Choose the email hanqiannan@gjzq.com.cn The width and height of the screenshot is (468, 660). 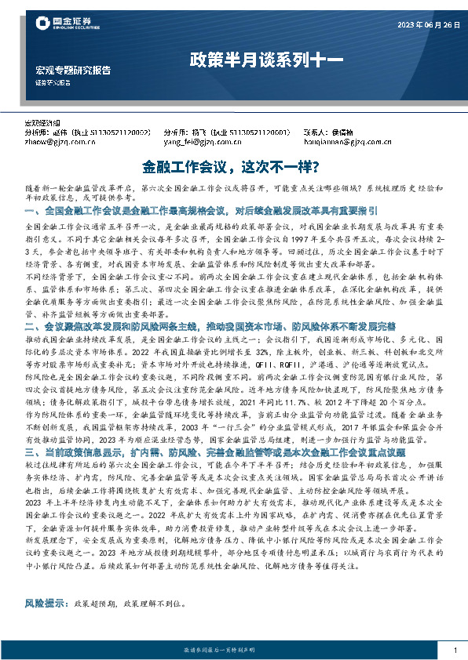click(336, 143)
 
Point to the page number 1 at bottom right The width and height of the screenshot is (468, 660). click(455, 650)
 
